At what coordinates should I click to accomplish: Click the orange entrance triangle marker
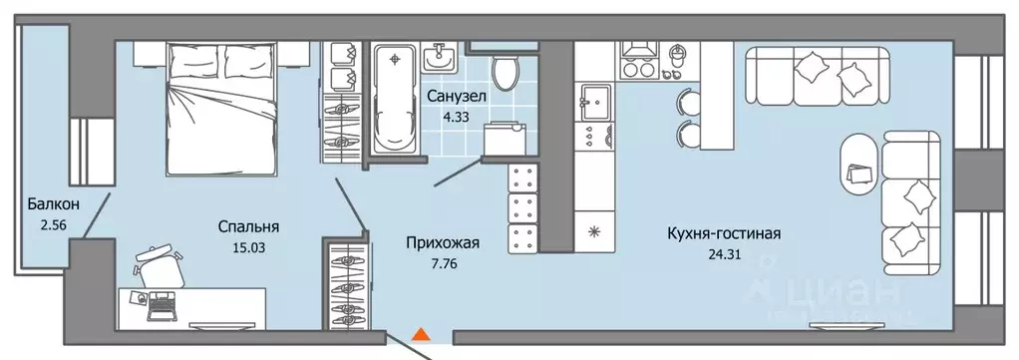[x=422, y=336]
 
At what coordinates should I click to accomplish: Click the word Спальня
[x=248, y=225]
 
